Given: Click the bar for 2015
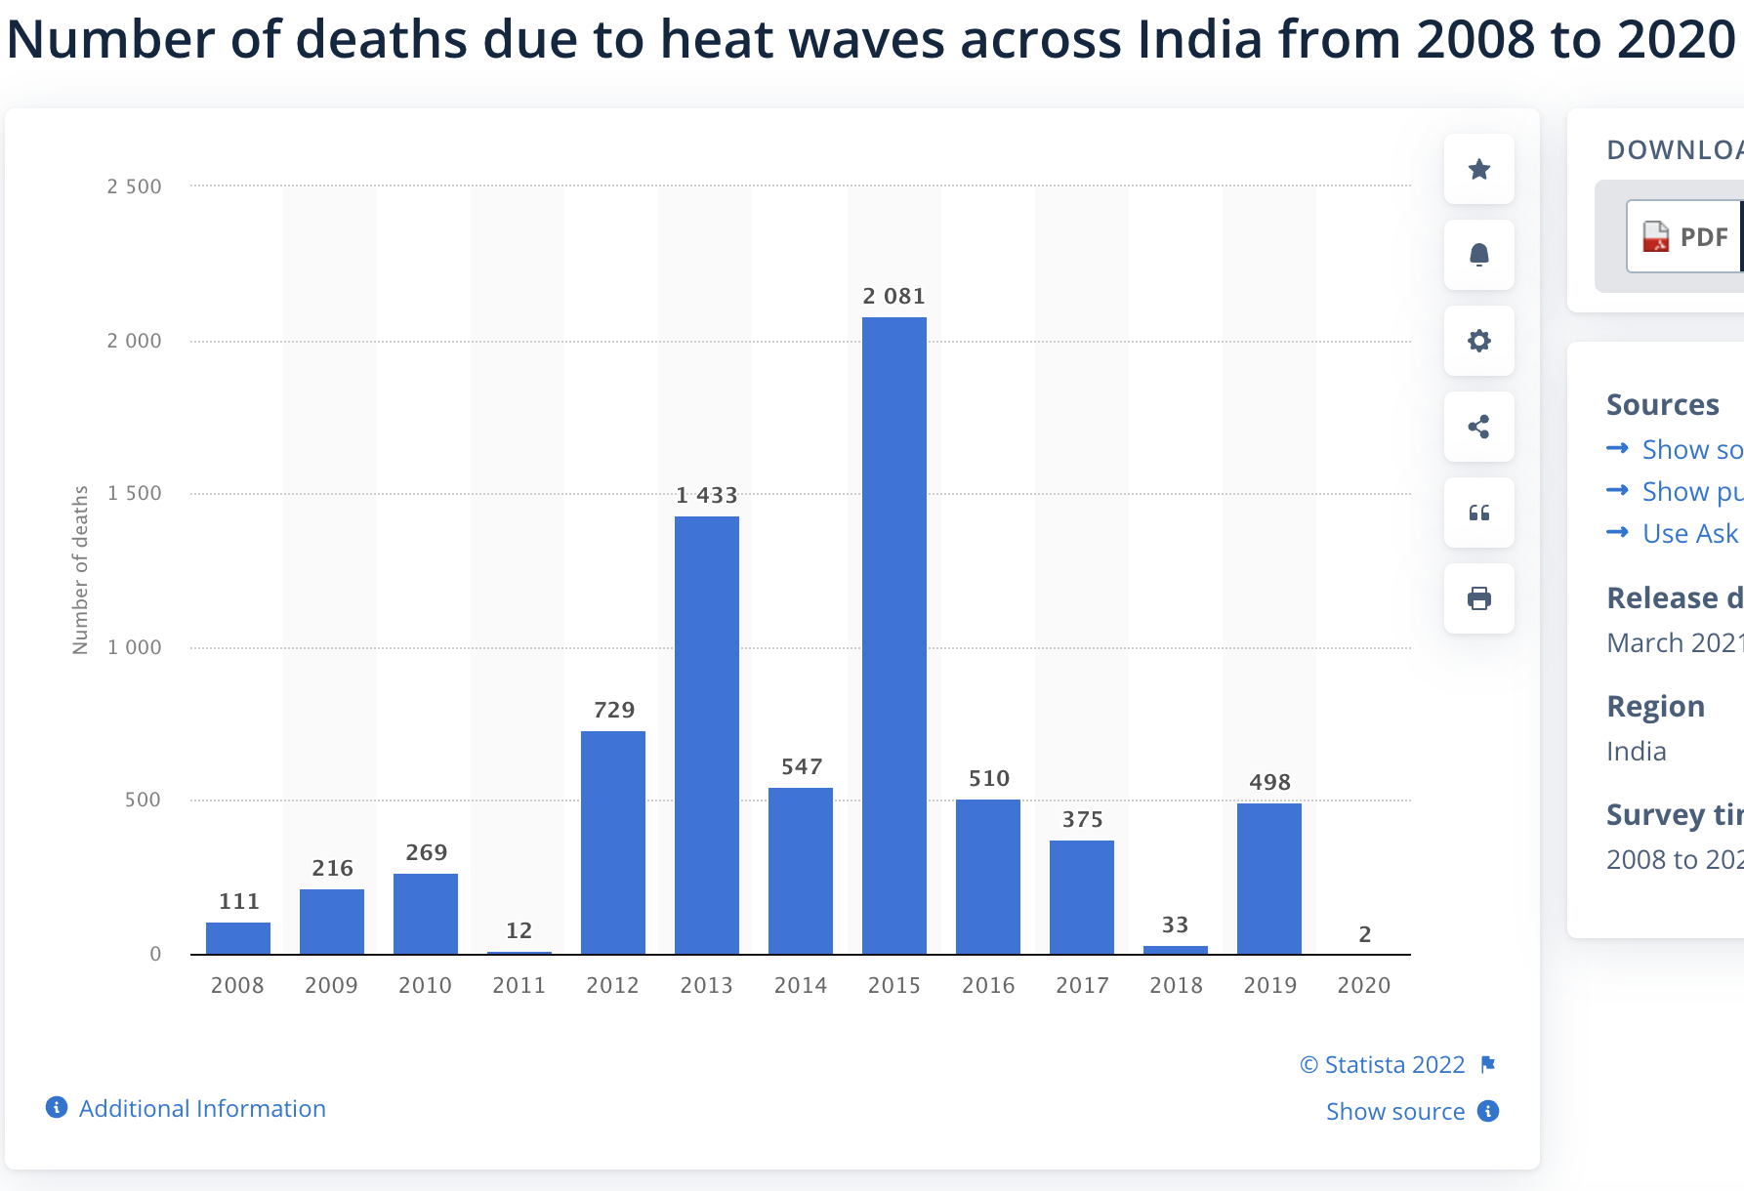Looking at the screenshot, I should point(893,635).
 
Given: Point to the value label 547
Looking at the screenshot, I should point(801,767).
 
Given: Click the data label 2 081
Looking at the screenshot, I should point(893,297).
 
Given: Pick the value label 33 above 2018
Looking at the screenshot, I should point(1175,925).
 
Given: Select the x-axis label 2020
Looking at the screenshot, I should point(1363,986).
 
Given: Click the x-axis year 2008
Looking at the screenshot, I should point(237,986).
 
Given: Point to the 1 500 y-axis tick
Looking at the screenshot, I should point(135,494).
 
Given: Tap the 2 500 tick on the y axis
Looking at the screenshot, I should point(135,187).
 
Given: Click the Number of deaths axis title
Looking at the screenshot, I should point(80,570).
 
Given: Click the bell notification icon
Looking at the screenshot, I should point(1478,255).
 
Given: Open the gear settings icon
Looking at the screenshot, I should point(1478,341).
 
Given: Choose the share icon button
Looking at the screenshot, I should point(1478,427).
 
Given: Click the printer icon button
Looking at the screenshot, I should point(1478,598).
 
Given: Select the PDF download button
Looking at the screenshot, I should point(1685,237).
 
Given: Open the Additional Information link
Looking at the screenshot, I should point(201,1109).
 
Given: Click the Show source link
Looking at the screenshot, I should point(1395,1112).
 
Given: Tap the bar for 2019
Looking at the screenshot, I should point(1268,879).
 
